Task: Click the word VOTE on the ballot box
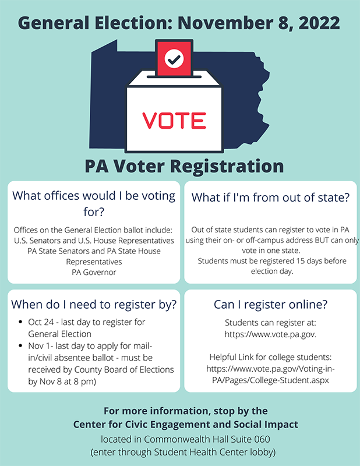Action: [174, 119]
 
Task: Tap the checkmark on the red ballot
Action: [174, 58]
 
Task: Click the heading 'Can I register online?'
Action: [270, 304]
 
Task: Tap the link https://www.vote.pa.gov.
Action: [270, 334]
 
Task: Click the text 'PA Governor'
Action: [94, 271]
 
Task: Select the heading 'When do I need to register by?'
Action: [94, 304]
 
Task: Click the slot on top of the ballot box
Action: [174, 76]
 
